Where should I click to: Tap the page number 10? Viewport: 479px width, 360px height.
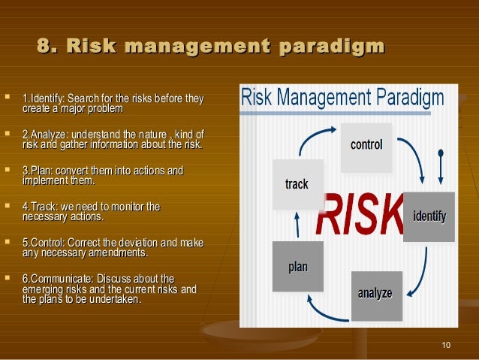447,345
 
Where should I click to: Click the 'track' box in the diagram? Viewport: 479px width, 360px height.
297,184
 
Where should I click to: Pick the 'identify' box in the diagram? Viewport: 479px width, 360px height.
429,217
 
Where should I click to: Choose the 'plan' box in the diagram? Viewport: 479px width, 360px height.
298,267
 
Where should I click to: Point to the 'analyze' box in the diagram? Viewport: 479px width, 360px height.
375,294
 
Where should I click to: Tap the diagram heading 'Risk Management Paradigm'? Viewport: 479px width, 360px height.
342,98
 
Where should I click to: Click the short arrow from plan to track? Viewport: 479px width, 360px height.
297,224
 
